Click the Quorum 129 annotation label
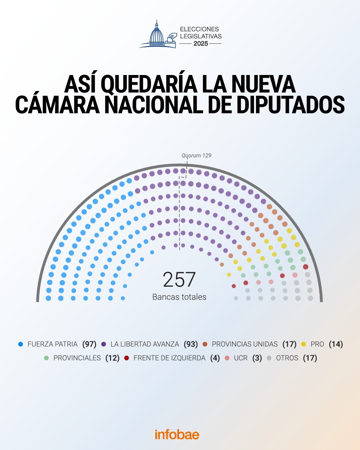click(x=196, y=155)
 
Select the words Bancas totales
click(x=179, y=297)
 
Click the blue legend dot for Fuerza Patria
click(x=21, y=344)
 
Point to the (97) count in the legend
click(x=89, y=344)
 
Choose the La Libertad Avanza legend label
click(x=145, y=344)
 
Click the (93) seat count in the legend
click(x=191, y=344)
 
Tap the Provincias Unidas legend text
click(x=245, y=344)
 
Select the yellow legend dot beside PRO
click(x=304, y=344)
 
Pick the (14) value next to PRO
click(x=336, y=344)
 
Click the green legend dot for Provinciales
click(x=46, y=358)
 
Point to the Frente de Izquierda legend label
click(x=169, y=358)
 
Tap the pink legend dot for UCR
click(x=227, y=358)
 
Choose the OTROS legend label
click(x=287, y=358)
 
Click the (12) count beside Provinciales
click(x=112, y=358)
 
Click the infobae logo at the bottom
click(x=177, y=434)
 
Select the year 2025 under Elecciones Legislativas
click(x=201, y=44)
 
